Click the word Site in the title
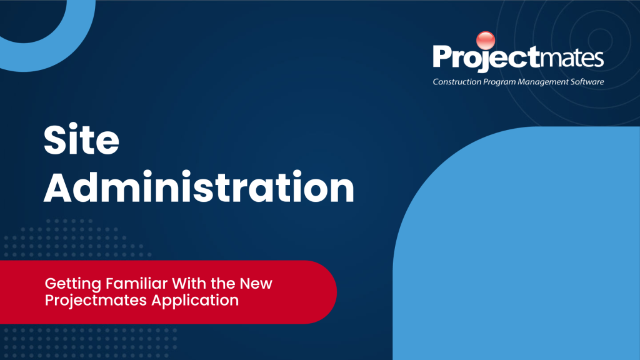pos(82,139)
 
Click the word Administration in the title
pos(199,187)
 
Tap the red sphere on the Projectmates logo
pos(486,41)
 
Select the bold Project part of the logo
pos(486,56)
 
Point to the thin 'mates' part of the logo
pos(572,57)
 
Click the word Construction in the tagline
pos(457,82)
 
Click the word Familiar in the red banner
pos(136,283)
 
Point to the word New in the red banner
pos(256,283)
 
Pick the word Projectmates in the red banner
pos(96,301)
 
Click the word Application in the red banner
pos(195,301)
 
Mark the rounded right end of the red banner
pos(336,292)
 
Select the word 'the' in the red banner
pos(223,283)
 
